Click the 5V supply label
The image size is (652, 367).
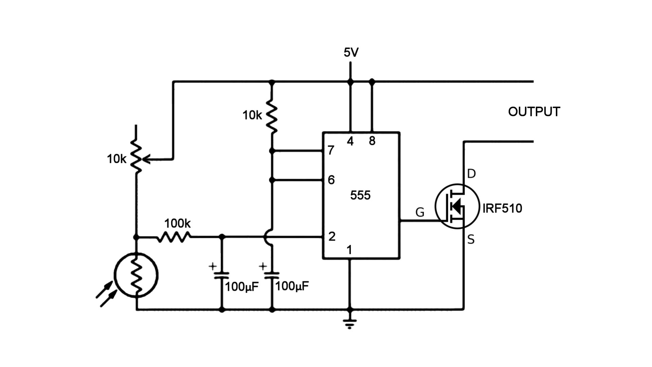coord(351,53)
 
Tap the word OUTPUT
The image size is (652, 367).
coord(534,112)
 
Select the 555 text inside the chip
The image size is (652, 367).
coord(360,195)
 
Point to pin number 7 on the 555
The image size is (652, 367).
coord(331,150)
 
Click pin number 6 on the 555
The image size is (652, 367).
coord(331,180)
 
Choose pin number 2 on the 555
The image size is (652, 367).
coord(332,237)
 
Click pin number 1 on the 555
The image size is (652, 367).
coord(349,250)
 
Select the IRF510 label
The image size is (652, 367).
coord(502,208)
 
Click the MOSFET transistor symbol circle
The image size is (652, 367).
coord(457,206)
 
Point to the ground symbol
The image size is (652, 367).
coord(350,323)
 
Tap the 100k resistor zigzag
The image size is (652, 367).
coord(174,237)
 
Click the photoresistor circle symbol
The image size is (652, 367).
coord(136,275)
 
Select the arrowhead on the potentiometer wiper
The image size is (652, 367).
coord(146,159)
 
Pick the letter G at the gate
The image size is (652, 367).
coord(420,213)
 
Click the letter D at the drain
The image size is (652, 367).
coord(471,174)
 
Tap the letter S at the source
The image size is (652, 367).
coord(471,240)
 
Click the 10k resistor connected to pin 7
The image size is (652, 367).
coord(272,116)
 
